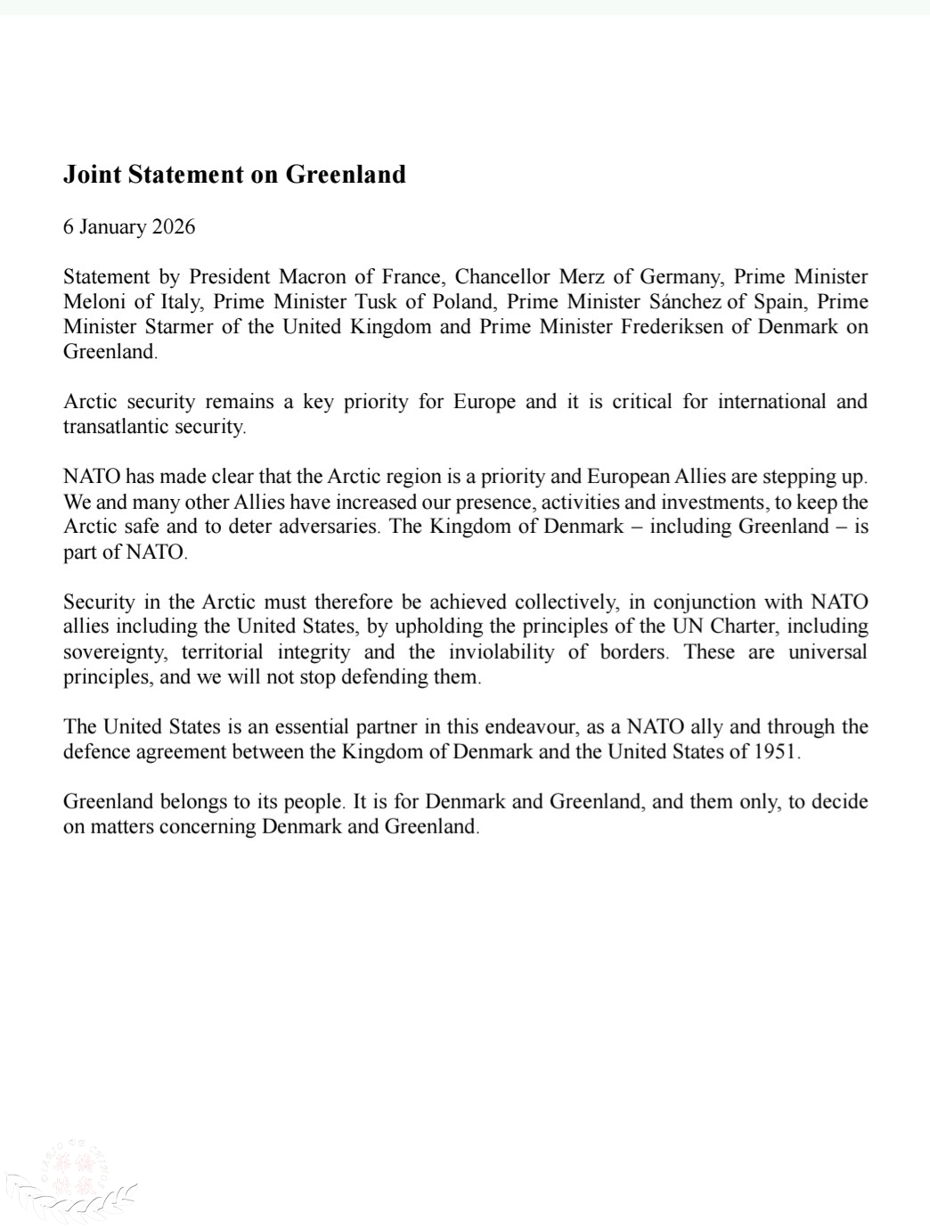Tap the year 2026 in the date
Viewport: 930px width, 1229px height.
173,226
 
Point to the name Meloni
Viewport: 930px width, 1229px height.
94,301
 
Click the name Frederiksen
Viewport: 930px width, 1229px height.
673,326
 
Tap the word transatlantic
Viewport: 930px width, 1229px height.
119,426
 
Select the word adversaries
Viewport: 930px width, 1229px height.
329,526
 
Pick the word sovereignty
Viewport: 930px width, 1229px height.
114,652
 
